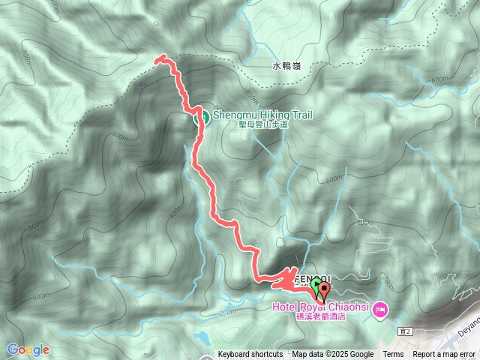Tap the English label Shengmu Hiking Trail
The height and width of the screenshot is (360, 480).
click(262, 115)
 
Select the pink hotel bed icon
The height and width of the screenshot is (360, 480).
click(380, 308)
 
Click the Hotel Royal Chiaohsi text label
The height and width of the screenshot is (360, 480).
click(324, 307)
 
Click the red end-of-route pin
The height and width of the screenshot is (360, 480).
click(324, 287)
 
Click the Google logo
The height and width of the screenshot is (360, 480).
click(28, 349)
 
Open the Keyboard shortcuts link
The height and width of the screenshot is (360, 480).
click(250, 355)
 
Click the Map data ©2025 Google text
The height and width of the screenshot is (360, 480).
click(332, 355)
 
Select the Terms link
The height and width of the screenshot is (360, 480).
click(393, 355)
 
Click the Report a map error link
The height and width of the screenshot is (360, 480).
click(444, 355)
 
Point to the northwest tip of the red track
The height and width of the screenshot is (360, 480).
click(156, 58)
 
